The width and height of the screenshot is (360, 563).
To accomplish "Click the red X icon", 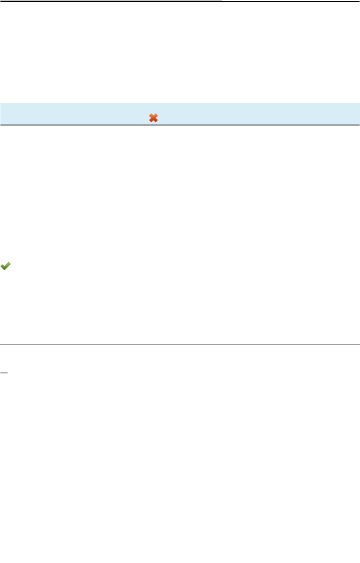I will click(x=153, y=118).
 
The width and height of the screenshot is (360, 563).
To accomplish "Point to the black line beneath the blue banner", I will click(x=180, y=125).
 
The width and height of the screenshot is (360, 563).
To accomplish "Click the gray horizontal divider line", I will click(x=180, y=345).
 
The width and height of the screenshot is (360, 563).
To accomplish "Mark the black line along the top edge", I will click(x=180, y=1).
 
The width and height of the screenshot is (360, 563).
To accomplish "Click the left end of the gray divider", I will click(x=1, y=345).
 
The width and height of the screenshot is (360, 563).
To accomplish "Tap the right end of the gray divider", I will click(x=358, y=345).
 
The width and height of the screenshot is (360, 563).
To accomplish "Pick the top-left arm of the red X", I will click(x=151, y=116).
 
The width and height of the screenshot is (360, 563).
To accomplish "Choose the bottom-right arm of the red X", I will click(x=156, y=121).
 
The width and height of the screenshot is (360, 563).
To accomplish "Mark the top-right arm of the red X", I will click(x=156, y=116).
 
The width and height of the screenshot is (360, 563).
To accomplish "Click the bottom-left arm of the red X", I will click(x=151, y=121).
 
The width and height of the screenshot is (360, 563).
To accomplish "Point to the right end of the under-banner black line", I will click(x=358, y=125).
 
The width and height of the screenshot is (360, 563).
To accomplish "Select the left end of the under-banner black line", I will click(x=1, y=125).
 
